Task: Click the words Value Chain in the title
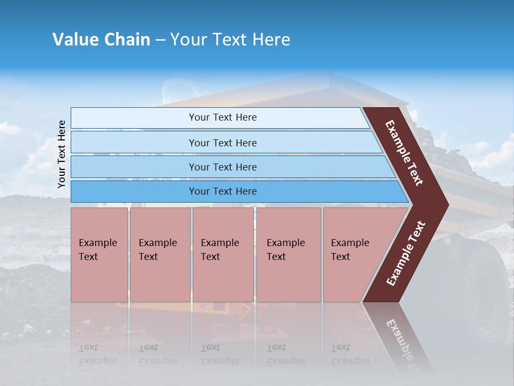(x=101, y=40)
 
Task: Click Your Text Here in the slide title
(x=230, y=40)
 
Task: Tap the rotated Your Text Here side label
(x=62, y=154)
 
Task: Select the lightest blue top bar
(x=222, y=117)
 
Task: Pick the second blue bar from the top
(x=222, y=143)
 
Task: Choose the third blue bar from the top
(x=222, y=167)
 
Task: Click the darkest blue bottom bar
(x=222, y=191)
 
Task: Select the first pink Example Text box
(x=99, y=255)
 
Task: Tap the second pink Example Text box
(x=160, y=255)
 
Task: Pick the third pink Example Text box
(x=222, y=255)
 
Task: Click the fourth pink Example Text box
(x=288, y=255)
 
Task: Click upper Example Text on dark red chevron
(x=404, y=153)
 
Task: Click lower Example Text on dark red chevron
(x=406, y=253)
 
